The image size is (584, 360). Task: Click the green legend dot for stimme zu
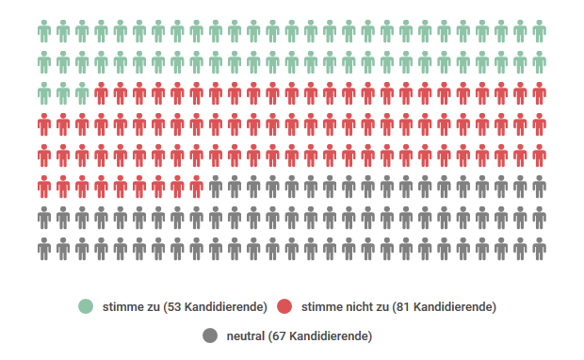[87, 306]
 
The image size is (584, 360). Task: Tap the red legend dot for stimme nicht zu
[285, 306]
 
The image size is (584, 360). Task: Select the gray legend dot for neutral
[210, 335]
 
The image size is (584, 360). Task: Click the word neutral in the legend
[246, 335]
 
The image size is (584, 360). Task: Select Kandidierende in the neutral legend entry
[328, 335]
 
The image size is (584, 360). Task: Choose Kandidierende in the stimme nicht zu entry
[453, 306]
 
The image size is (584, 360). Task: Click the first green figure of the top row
[44, 32]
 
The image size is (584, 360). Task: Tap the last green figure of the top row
[539, 32]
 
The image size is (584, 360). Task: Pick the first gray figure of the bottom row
[44, 249]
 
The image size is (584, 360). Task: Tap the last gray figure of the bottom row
[539, 249]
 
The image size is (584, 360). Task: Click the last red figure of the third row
[539, 94]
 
